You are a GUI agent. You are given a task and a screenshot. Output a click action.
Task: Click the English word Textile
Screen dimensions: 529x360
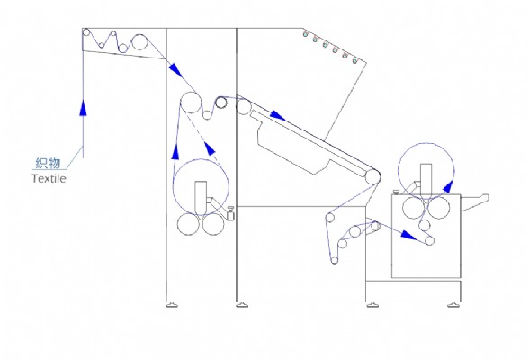tap(49, 178)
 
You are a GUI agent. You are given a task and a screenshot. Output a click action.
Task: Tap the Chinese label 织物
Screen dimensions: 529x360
tap(48, 164)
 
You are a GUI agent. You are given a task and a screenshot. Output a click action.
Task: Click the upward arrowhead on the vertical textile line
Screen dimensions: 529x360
tap(83, 107)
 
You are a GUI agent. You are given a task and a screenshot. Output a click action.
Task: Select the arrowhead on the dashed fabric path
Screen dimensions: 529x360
tap(210, 148)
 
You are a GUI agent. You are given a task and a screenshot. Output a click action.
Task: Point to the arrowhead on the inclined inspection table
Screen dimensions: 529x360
tap(278, 115)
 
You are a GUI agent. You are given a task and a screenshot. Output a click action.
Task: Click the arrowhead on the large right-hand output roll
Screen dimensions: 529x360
tap(448, 186)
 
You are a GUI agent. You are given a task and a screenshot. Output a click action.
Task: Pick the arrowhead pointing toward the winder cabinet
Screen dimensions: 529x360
tap(408, 235)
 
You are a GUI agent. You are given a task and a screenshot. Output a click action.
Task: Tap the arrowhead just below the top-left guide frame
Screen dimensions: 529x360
tap(175, 70)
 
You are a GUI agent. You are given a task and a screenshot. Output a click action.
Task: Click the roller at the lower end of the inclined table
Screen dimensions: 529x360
tap(372, 176)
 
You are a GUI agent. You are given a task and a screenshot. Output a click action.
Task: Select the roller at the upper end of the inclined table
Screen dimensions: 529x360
tap(243, 106)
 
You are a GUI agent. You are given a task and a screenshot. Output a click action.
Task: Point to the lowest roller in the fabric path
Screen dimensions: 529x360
tap(335, 260)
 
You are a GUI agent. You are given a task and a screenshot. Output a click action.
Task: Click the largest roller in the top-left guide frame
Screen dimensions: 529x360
tap(139, 41)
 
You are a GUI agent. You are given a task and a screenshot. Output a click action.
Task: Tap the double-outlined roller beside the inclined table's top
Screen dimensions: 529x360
tap(220, 103)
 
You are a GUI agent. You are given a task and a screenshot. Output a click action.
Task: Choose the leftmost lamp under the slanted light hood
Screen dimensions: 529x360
tap(305, 34)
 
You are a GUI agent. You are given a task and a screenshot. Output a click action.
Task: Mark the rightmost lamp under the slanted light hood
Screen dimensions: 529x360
tap(354, 60)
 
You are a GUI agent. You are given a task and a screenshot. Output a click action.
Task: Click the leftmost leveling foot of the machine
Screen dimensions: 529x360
tap(173, 305)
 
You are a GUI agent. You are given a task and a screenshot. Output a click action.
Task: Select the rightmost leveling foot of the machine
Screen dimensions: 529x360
tap(454, 305)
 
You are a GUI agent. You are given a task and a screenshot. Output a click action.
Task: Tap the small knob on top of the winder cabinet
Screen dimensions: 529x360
tap(396, 193)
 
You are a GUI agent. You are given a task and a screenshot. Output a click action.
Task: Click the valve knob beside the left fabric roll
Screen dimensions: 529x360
tap(231, 213)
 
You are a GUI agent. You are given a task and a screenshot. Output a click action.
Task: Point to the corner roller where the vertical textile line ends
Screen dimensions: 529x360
tap(86, 32)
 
